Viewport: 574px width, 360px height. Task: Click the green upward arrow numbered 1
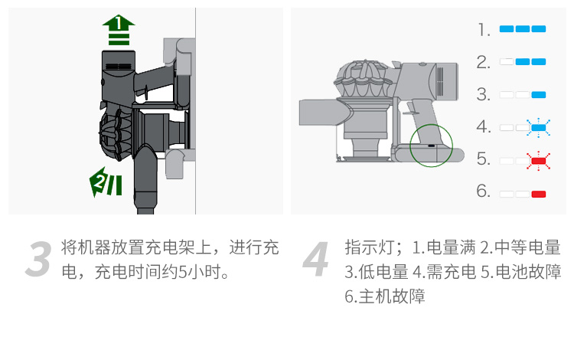tap(119, 30)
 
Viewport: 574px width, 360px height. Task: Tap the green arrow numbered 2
tap(106, 182)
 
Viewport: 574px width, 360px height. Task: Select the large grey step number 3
tap(38, 259)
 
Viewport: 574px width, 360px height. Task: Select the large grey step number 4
tap(315, 259)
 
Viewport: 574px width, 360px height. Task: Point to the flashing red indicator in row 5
tap(539, 161)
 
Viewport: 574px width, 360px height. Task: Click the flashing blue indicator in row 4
tap(539, 128)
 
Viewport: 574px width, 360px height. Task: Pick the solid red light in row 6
tap(539, 194)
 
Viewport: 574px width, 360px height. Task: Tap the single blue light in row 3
tap(539, 95)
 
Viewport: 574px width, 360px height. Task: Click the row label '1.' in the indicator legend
tap(484, 30)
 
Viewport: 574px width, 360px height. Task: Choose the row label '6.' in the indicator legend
tap(483, 191)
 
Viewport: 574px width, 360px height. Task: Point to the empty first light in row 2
tap(507, 62)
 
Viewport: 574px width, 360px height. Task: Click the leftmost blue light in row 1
tap(507, 29)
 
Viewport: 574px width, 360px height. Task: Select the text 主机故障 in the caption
tap(392, 296)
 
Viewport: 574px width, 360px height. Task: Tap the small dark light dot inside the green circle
tap(432, 146)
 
